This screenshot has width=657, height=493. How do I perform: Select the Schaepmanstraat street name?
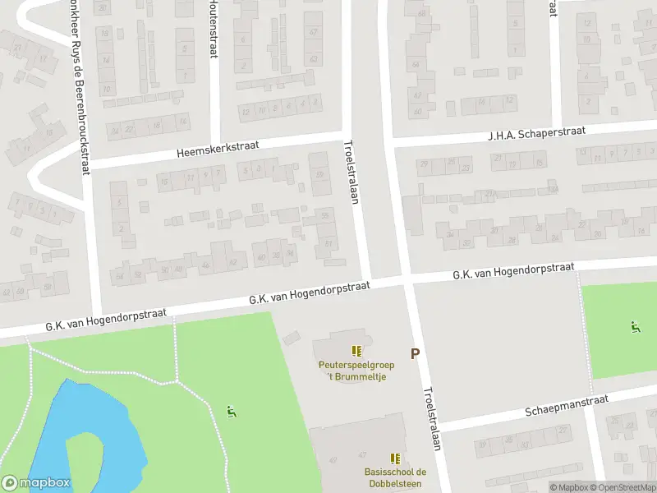[x=567, y=406]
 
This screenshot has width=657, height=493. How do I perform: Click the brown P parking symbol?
[x=415, y=354]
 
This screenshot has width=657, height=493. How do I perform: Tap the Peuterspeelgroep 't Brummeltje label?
[x=357, y=371]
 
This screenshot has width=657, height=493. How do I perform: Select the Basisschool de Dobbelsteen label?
[x=395, y=477]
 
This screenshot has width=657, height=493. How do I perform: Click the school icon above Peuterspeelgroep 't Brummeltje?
[x=356, y=351]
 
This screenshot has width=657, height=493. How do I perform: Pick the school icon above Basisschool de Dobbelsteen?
[x=395, y=458]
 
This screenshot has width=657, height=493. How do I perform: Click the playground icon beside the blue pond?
[x=232, y=410]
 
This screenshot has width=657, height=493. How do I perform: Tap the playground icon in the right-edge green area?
[x=635, y=328]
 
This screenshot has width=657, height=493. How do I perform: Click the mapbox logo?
[x=36, y=483]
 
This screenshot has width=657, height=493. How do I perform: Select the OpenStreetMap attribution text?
[x=624, y=487]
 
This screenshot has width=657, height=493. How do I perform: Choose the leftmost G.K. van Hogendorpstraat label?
[x=107, y=320]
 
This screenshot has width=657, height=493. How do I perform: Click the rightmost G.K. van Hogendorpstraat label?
[x=512, y=272]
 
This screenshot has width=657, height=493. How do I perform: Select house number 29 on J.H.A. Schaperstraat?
[x=425, y=164]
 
